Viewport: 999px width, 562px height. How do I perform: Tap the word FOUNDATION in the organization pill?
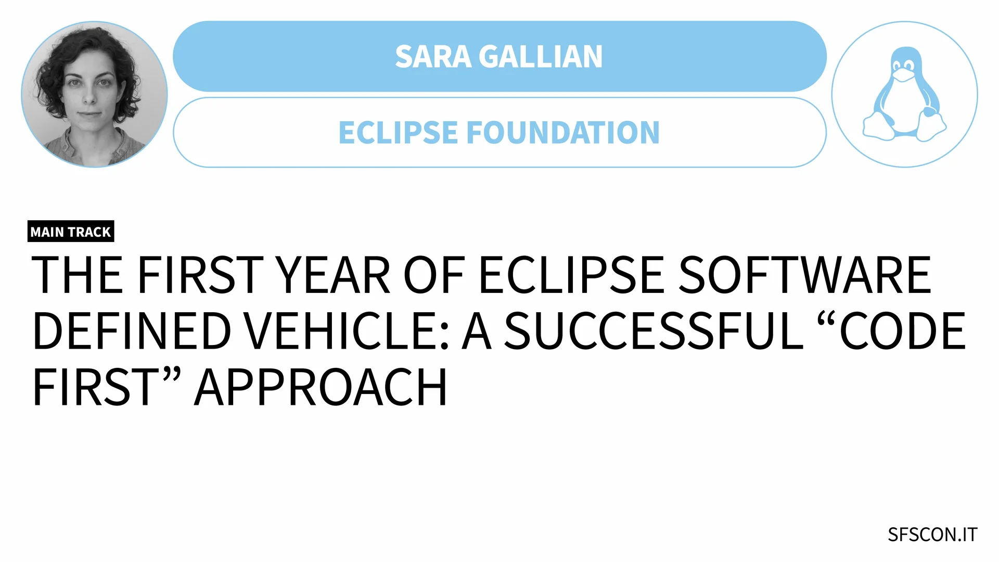click(x=563, y=133)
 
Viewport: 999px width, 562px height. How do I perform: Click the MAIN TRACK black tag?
click(x=71, y=232)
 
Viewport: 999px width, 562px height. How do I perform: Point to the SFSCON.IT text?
click(x=932, y=535)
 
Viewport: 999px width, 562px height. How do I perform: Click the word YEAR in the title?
click(x=332, y=275)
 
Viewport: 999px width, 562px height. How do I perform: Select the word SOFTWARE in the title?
click(x=805, y=275)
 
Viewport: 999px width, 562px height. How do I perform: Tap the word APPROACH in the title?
click(x=321, y=388)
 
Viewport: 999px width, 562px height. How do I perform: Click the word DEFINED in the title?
click(x=132, y=331)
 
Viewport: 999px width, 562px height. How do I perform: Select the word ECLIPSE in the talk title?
click(x=571, y=275)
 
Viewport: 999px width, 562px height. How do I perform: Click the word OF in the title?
click(x=434, y=275)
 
